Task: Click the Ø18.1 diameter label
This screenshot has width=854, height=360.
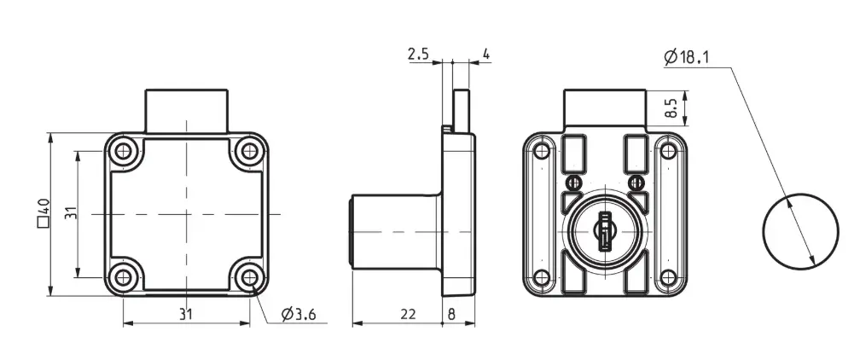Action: [687, 56]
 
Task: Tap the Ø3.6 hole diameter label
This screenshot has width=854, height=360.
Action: [299, 314]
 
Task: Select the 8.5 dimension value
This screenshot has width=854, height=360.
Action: [671, 107]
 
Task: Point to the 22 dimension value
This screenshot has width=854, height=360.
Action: [408, 314]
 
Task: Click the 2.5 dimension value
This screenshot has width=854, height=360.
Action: [418, 54]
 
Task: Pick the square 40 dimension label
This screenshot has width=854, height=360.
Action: [44, 213]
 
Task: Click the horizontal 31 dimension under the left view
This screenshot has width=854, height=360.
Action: [186, 314]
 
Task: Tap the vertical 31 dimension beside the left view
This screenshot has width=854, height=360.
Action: [72, 213]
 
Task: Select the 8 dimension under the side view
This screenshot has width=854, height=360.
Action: [451, 314]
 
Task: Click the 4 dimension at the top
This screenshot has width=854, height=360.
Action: [486, 54]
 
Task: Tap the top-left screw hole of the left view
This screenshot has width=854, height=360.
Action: [124, 151]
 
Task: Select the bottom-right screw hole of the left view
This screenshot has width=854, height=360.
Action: [249, 277]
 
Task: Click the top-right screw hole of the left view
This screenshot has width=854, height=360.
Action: [249, 151]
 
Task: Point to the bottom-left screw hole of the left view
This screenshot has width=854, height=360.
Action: [124, 277]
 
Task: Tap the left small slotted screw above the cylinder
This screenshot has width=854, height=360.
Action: [572, 182]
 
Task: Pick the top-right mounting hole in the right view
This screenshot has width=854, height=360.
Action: [667, 151]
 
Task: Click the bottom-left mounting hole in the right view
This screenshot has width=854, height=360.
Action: [542, 277]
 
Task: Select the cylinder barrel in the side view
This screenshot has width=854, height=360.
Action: [395, 231]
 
